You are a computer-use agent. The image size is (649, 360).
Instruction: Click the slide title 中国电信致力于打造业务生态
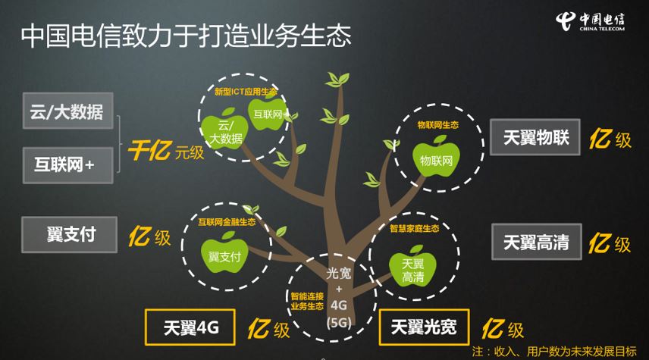[186, 36]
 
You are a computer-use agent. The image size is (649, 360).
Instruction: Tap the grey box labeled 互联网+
[67, 164]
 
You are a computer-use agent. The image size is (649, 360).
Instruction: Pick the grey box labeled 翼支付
[71, 234]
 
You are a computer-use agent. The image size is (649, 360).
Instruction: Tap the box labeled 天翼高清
[536, 242]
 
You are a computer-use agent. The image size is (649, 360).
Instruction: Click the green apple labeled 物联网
[437, 157]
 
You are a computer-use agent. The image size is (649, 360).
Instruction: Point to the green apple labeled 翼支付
[224, 255]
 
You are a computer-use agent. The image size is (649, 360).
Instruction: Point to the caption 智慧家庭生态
[415, 228]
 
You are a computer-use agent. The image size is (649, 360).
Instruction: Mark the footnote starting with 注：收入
[554, 351]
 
